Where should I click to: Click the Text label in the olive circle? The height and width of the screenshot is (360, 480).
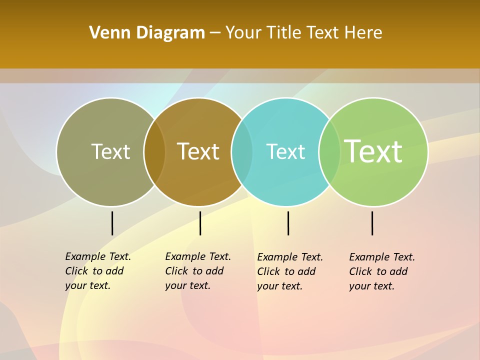pos(110,151)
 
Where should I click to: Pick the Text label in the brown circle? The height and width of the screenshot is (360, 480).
pos(198,151)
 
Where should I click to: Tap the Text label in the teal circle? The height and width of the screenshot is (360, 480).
pos(285,151)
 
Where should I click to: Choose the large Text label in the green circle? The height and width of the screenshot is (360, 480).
pos(373,151)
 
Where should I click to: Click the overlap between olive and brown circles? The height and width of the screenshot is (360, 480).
pos(154,151)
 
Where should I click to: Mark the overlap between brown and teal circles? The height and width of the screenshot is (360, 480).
pos(242,151)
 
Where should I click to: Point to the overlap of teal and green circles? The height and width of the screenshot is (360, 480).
pos(329,151)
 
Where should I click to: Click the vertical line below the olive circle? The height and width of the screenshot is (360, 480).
pos(112,223)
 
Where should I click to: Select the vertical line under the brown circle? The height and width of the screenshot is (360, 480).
pos(200,223)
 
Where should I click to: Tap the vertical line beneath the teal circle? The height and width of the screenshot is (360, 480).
pos(288,223)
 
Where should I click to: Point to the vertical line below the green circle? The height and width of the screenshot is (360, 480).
pos(372,223)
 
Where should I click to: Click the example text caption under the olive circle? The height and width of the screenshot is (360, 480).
pos(97,271)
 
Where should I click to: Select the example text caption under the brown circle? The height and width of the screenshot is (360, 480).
pos(197,271)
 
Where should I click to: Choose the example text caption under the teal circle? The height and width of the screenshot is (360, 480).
pos(289,271)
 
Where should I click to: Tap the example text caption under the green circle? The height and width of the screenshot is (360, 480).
pos(381,271)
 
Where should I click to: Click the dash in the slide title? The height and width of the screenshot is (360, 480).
pos(215,33)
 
